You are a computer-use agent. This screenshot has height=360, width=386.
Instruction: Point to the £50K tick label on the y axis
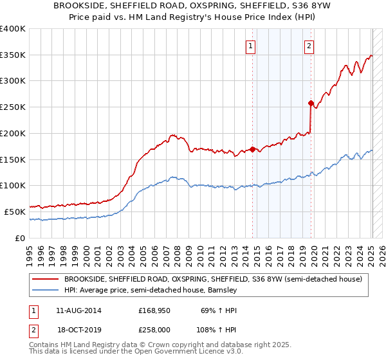click(x=15, y=212)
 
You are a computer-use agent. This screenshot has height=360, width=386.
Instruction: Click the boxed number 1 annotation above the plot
click(x=250, y=46)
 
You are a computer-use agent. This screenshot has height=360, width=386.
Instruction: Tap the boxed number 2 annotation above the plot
click(x=309, y=46)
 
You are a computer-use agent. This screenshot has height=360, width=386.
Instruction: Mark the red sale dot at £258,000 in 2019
click(x=311, y=103)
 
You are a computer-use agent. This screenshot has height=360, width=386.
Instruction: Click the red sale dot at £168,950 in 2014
click(x=252, y=149)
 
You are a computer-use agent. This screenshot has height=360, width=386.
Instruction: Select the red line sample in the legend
click(x=45, y=279)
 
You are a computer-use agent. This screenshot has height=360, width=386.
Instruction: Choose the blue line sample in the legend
click(x=45, y=290)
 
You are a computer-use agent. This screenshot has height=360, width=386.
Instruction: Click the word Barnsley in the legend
click(x=223, y=290)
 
